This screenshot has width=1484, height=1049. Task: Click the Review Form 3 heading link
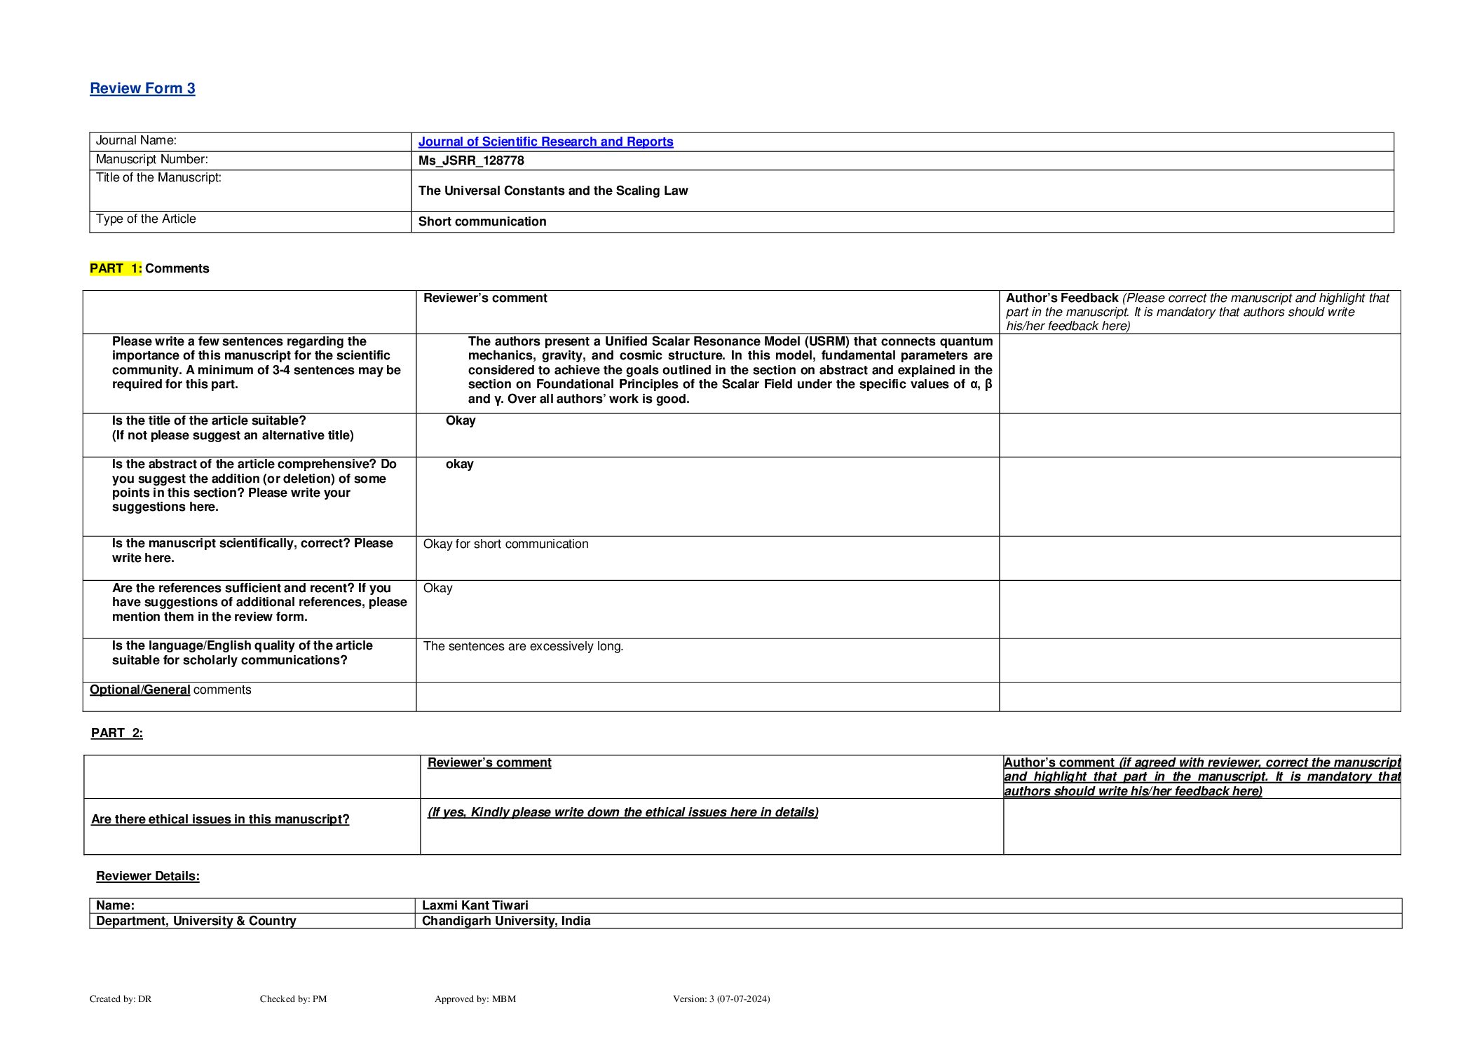[x=142, y=88]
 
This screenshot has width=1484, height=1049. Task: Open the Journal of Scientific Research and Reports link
[x=545, y=142]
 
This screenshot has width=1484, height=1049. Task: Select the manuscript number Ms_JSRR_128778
[x=471, y=160]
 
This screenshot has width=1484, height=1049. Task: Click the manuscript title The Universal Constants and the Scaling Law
[x=553, y=191]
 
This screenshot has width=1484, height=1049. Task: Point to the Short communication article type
[x=482, y=221]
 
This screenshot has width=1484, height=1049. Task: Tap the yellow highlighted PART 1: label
[x=116, y=268]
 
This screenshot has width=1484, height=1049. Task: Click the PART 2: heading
[x=117, y=733]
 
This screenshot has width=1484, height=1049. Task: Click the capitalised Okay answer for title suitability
[x=461, y=420]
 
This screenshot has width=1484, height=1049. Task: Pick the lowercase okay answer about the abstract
[x=460, y=464]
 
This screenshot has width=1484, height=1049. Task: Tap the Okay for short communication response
[x=505, y=544]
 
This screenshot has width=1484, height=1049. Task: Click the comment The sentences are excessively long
[x=523, y=646]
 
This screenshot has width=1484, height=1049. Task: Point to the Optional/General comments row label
[x=170, y=690]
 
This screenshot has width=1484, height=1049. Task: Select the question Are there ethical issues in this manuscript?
[x=220, y=819]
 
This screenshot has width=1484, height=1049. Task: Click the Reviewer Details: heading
[x=148, y=876]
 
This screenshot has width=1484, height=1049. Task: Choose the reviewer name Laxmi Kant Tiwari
[x=475, y=905]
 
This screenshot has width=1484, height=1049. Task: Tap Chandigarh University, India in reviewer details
[x=506, y=921]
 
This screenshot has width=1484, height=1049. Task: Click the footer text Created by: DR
[x=121, y=999]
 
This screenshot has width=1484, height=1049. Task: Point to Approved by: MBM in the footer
[x=475, y=999]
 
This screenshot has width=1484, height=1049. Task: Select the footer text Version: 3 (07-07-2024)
[x=721, y=999]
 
